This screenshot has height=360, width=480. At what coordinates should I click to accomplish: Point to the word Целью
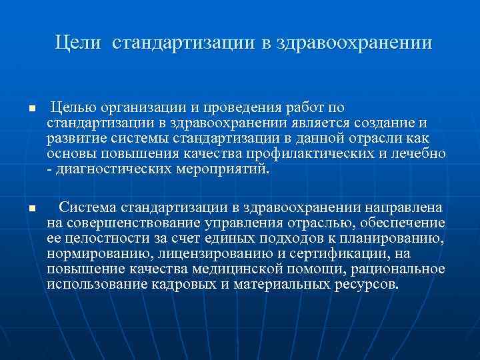(73, 107)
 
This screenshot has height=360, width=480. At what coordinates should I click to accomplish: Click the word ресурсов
(364, 284)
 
